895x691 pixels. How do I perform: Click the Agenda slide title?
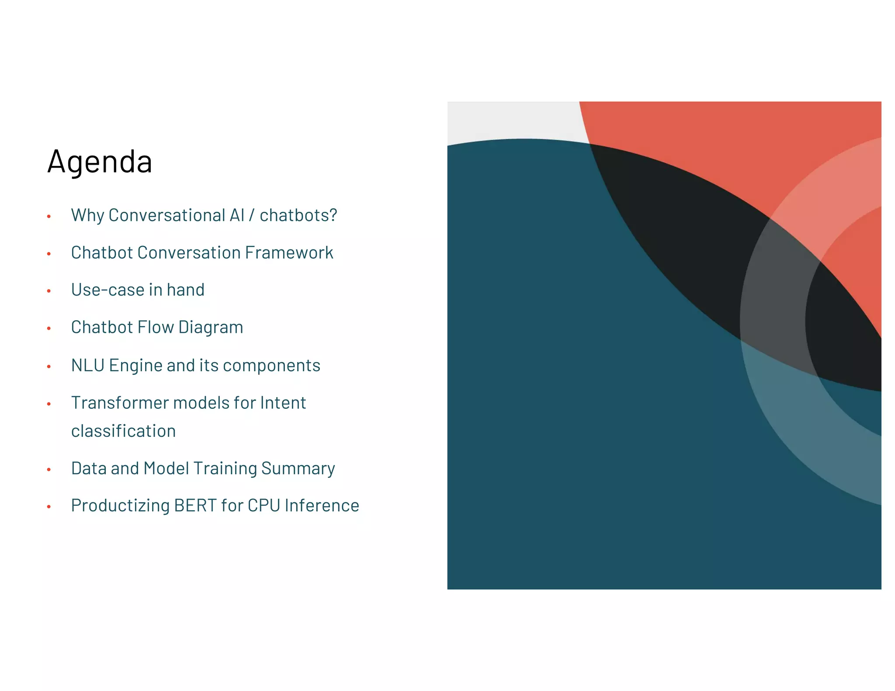100,162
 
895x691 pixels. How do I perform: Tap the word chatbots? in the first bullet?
298,215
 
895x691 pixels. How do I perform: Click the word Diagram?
211,328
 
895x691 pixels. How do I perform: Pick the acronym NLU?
87,365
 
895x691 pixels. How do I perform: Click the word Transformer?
120,403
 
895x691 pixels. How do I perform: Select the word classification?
123,431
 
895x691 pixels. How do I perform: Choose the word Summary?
298,469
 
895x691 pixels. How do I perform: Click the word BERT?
195,505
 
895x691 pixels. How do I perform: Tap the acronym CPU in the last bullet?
264,505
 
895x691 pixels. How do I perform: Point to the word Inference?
322,505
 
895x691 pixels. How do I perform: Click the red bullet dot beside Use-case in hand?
49,291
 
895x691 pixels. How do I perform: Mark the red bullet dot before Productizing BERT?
49,507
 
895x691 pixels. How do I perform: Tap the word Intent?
283,403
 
